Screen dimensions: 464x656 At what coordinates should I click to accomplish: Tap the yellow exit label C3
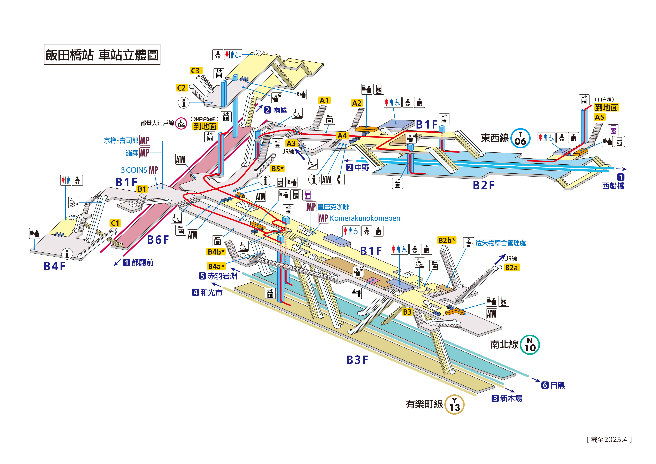196,71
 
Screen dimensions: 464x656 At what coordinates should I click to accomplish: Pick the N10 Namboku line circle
530,345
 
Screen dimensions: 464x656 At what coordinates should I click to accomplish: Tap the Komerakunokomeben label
365,218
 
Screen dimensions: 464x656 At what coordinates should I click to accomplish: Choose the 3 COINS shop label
134,170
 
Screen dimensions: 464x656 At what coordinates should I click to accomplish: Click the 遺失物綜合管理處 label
500,243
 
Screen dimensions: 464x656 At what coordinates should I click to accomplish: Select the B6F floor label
158,240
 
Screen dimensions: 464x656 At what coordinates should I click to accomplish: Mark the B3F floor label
357,360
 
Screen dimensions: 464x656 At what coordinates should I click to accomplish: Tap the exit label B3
407,312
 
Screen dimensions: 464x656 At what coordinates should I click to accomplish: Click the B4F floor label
55,266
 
